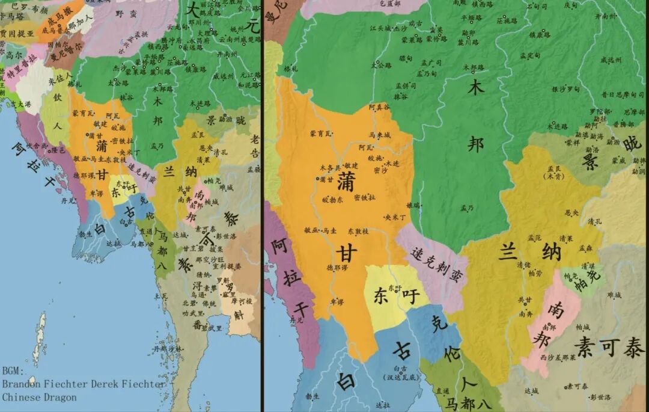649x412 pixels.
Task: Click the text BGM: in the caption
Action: tap(14, 371)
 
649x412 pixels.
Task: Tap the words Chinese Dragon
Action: tap(39, 397)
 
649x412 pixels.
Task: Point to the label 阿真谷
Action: tap(379, 106)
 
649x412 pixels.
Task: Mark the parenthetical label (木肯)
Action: tap(551, 176)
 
